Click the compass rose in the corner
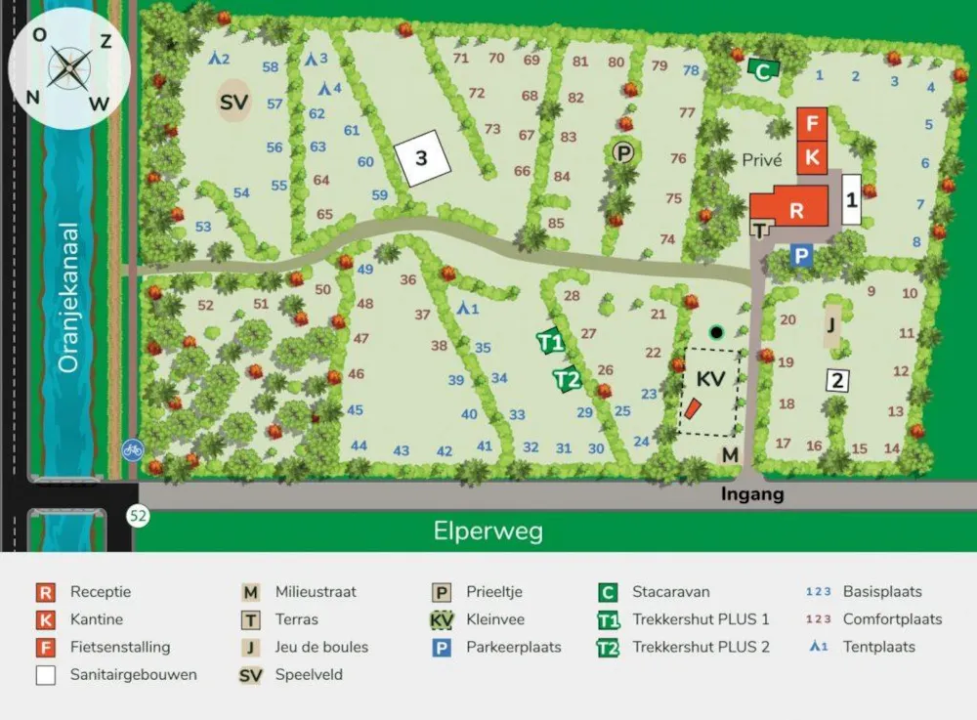[x=69, y=67]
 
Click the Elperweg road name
[x=488, y=531]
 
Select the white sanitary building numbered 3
[x=422, y=156]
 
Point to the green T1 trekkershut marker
[x=551, y=342]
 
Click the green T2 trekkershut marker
[x=567, y=379]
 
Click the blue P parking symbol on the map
[x=801, y=256]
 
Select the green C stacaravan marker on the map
[x=763, y=69]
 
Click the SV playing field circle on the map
[x=233, y=103]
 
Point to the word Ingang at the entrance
[x=752, y=495]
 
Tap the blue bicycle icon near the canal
[x=133, y=449]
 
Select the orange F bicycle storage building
[x=812, y=124]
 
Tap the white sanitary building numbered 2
[x=836, y=381]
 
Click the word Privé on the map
[x=761, y=160]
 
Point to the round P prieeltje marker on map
[x=622, y=151]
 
